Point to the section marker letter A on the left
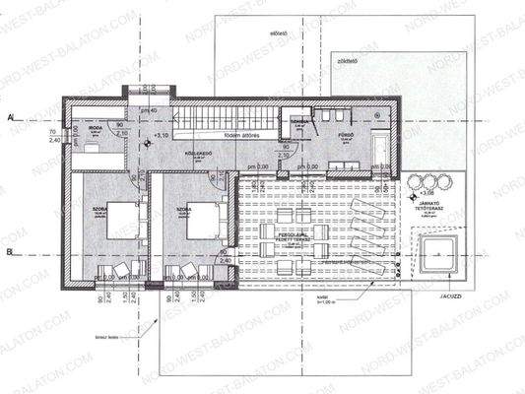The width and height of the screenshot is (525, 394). [8, 116]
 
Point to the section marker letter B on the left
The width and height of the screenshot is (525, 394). [8, 253]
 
